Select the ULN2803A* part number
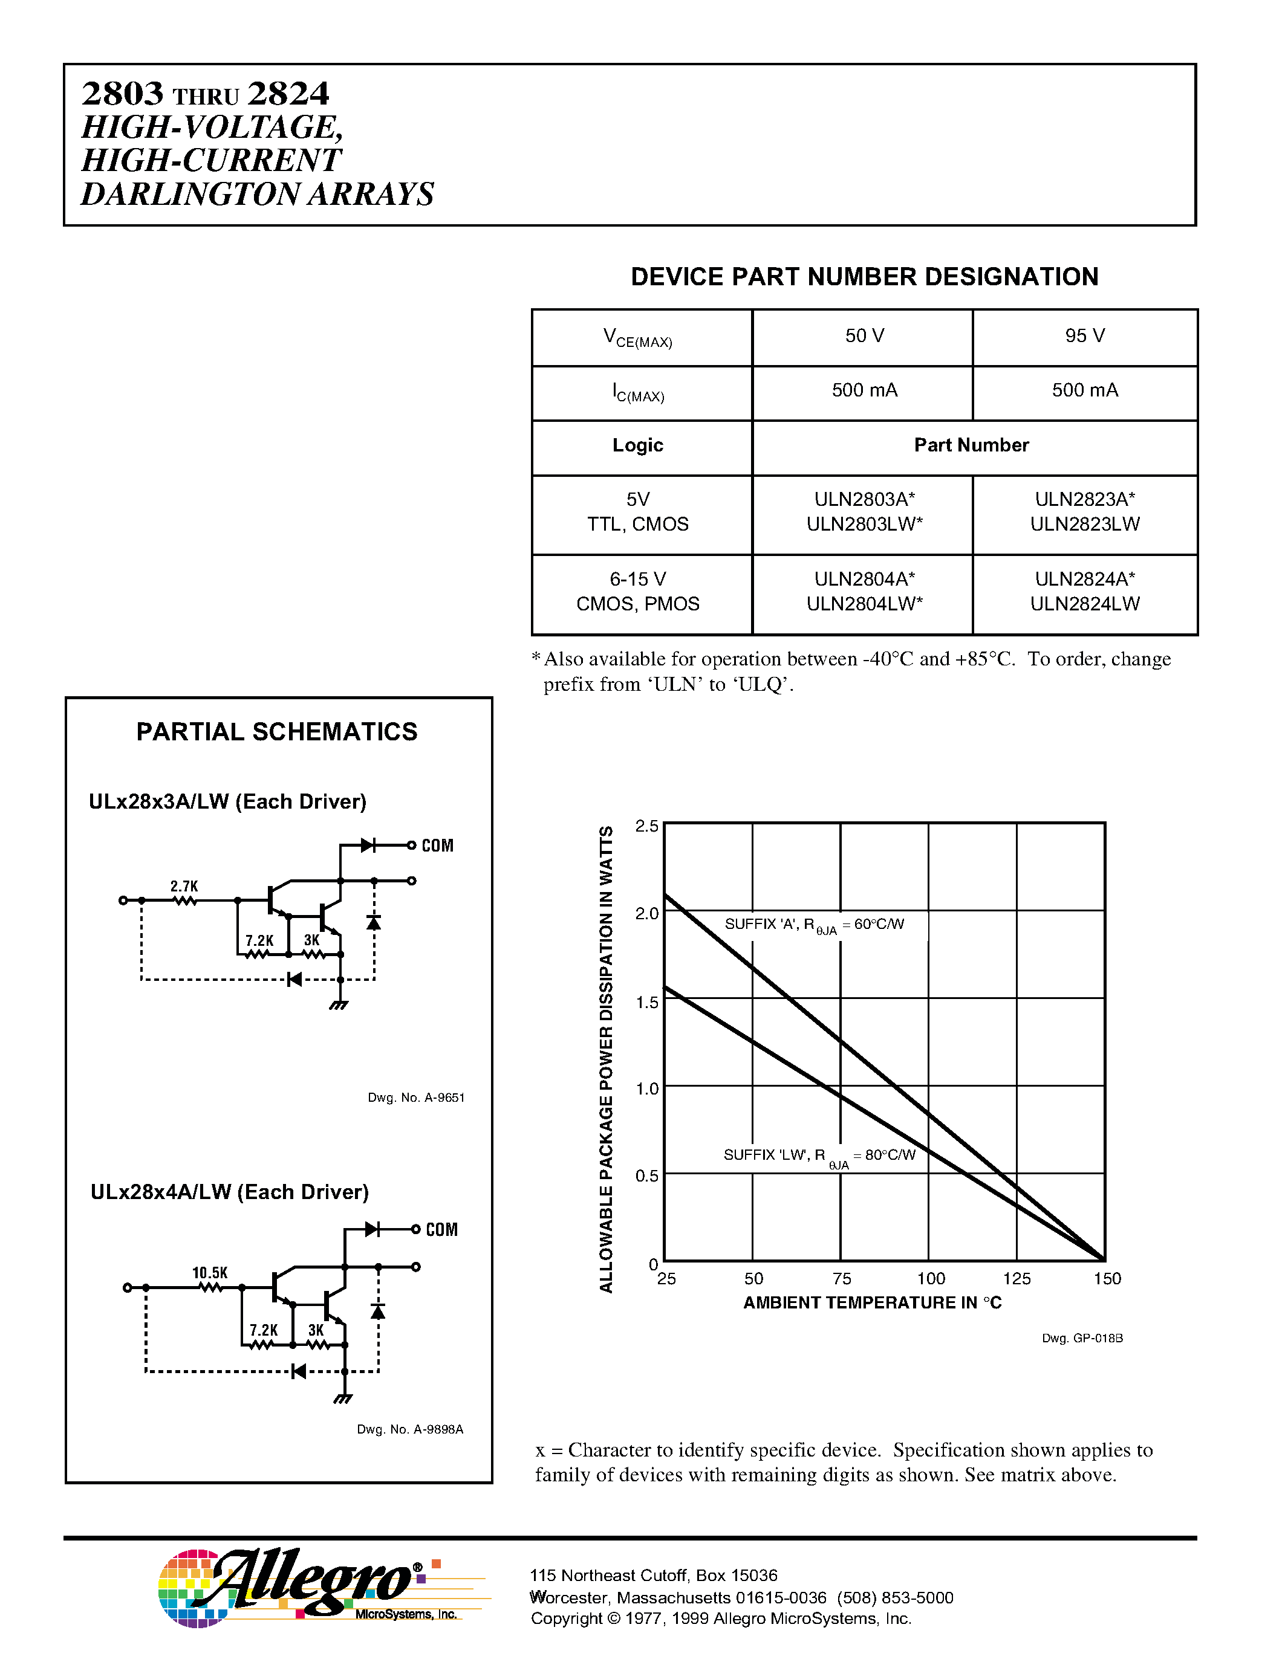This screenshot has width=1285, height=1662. tap(864, 499)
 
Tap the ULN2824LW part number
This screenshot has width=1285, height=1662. tap(1084, 604)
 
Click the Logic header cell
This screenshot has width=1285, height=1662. tap(637, 445)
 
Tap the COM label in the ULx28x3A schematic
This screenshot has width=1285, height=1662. tap(437, 846)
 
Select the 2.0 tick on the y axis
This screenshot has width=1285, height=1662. tap(646, 913)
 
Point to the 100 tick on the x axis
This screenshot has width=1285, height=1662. tap(930, 1278)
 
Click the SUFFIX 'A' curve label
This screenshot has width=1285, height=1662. tap(814, 925)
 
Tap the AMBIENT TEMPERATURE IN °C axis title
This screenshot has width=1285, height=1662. tap(871, 1303)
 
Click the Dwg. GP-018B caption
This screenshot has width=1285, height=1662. tap(1082, 1339)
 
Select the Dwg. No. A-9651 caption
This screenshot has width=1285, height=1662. tap(415, 1098)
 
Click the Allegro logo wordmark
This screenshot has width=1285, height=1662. tap(312, 1582)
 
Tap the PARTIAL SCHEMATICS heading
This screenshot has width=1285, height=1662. tap(276, 731)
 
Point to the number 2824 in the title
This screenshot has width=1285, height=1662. tap(288, 94)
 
